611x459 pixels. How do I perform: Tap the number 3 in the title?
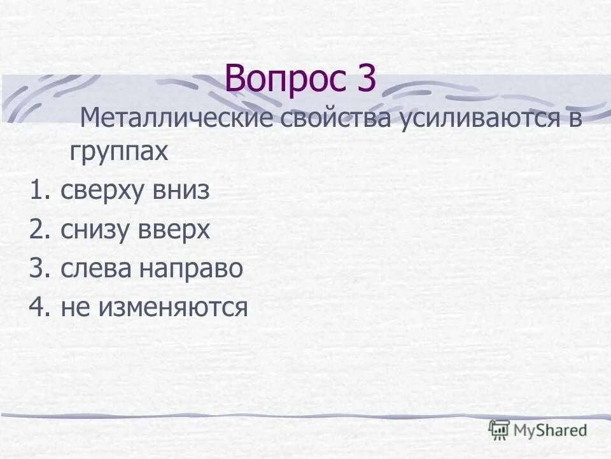click(x=365, y=79)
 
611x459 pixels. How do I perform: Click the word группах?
click(x=119, y=153)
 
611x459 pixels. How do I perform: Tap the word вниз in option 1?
click(x=180, y=191)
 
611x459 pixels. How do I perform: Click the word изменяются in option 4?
click(x=172, y=309)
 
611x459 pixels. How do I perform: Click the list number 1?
click(x=38, y=191)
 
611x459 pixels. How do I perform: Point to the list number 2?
click(x=38, y=231)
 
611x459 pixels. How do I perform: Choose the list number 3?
click(x=38, y=269)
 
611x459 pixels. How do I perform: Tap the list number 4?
click(x=38, y=309)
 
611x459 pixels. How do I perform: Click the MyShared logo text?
click(x=551, y=430)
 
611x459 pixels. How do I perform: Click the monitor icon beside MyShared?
click(x=499, y=430)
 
